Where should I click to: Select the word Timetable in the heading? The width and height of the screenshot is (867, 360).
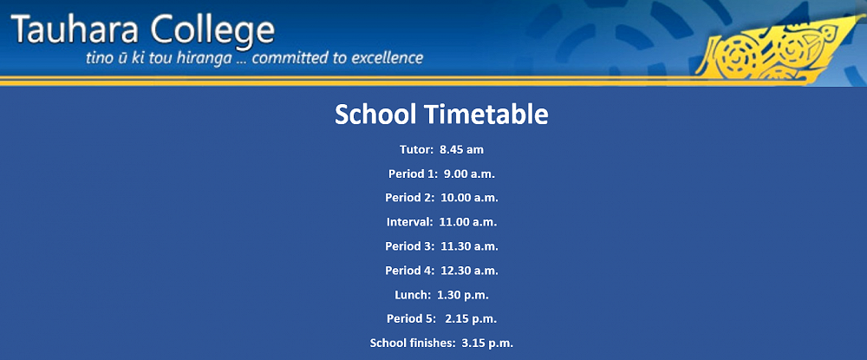486,115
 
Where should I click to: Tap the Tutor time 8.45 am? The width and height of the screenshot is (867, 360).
462,149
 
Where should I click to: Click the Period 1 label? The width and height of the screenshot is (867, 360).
413,173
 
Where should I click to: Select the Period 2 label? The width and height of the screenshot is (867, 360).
411,198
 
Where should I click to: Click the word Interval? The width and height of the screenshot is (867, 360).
410,222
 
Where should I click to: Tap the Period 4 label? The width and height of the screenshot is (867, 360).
411,271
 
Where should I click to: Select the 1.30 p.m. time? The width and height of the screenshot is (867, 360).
463,295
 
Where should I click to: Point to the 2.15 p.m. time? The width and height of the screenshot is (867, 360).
471,319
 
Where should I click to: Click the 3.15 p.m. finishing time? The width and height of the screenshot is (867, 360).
487,344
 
